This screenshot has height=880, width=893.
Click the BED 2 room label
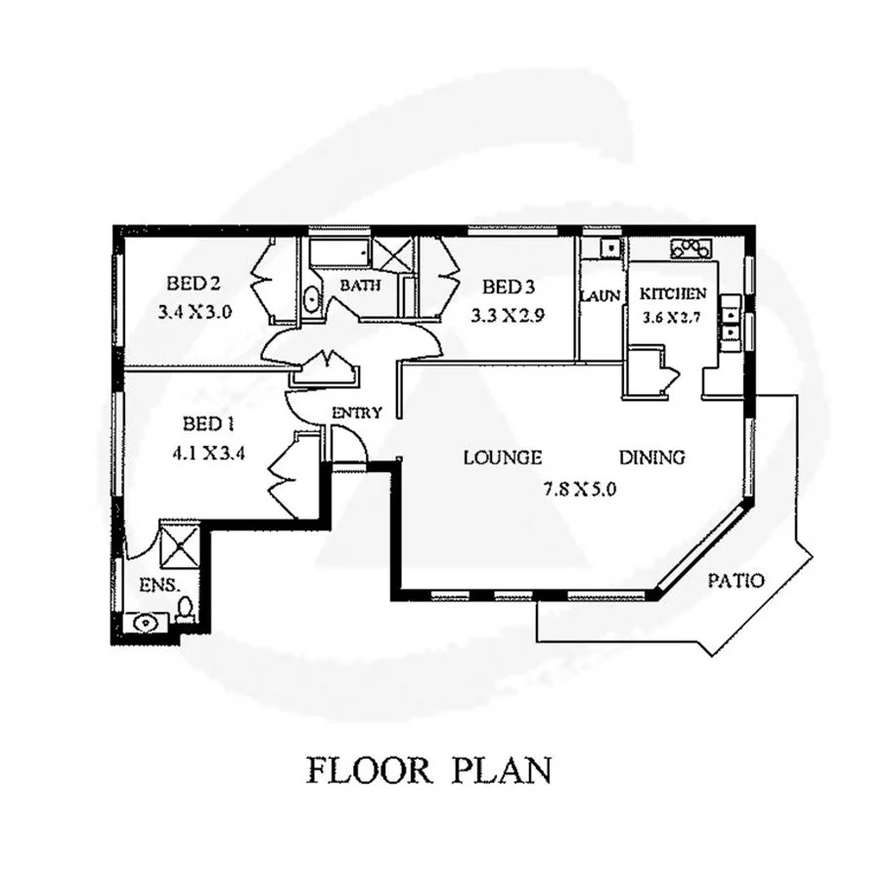click(x=192, y=285)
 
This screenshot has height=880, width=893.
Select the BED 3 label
click(x=509, y=286)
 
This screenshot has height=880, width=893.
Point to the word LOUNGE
click(x=503, y=457)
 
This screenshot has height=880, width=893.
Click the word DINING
click(x=652, y=457)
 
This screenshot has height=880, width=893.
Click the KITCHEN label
click(x=672, y=293)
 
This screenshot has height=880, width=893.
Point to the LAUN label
click(x=600, y=295)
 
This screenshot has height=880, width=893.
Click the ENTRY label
click(x=356, y=413)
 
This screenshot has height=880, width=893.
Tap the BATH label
click(x=359, y=286)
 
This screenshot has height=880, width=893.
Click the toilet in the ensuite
click(x=185, y=611)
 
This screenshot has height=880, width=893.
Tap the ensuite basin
click(x=146, y=621)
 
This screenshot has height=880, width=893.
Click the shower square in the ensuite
click(x=180, y=546)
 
